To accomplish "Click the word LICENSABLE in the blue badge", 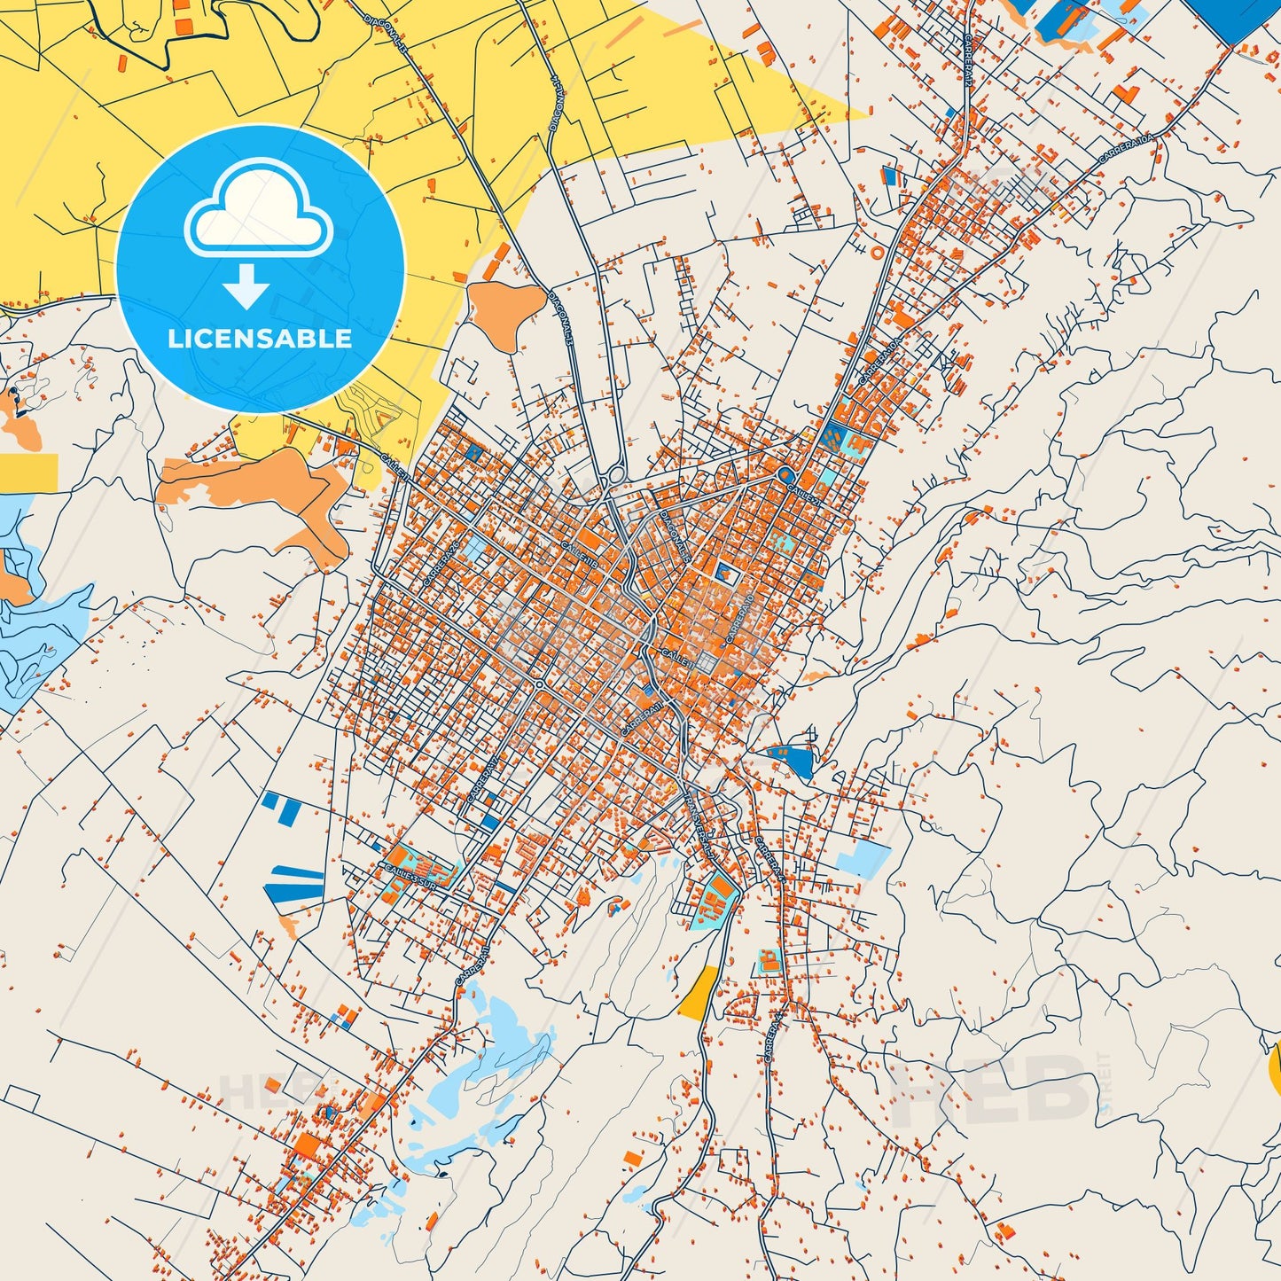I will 260,339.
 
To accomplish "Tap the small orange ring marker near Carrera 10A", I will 878,253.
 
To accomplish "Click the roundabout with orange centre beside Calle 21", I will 784,473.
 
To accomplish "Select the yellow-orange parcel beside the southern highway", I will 699,993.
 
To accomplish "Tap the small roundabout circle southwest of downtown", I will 539,684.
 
